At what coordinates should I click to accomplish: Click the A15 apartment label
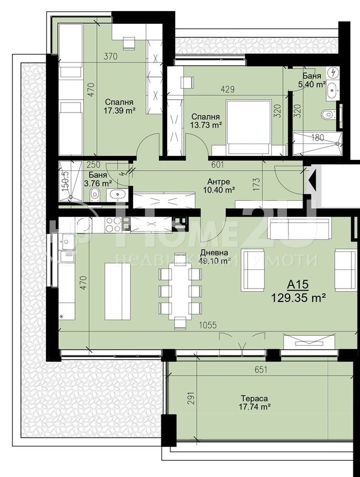[298, 285]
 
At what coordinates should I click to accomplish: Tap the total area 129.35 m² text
[298, 298]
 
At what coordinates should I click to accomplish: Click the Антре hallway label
[219, 182]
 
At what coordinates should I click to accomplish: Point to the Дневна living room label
[214, 253]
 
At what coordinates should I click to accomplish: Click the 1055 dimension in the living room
[208, 325]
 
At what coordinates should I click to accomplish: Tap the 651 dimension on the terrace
[261, 370]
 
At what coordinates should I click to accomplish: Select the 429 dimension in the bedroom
[228, 90]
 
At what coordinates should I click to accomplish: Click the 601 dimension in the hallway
[218, 165]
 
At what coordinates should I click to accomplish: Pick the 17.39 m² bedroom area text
[119, 111]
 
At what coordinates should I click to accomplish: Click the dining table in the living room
[180, 287]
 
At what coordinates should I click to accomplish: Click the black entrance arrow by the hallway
[312, 181]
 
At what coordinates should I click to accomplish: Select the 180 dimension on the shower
[318, 138]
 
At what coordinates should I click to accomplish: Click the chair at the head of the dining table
[180, 323]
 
